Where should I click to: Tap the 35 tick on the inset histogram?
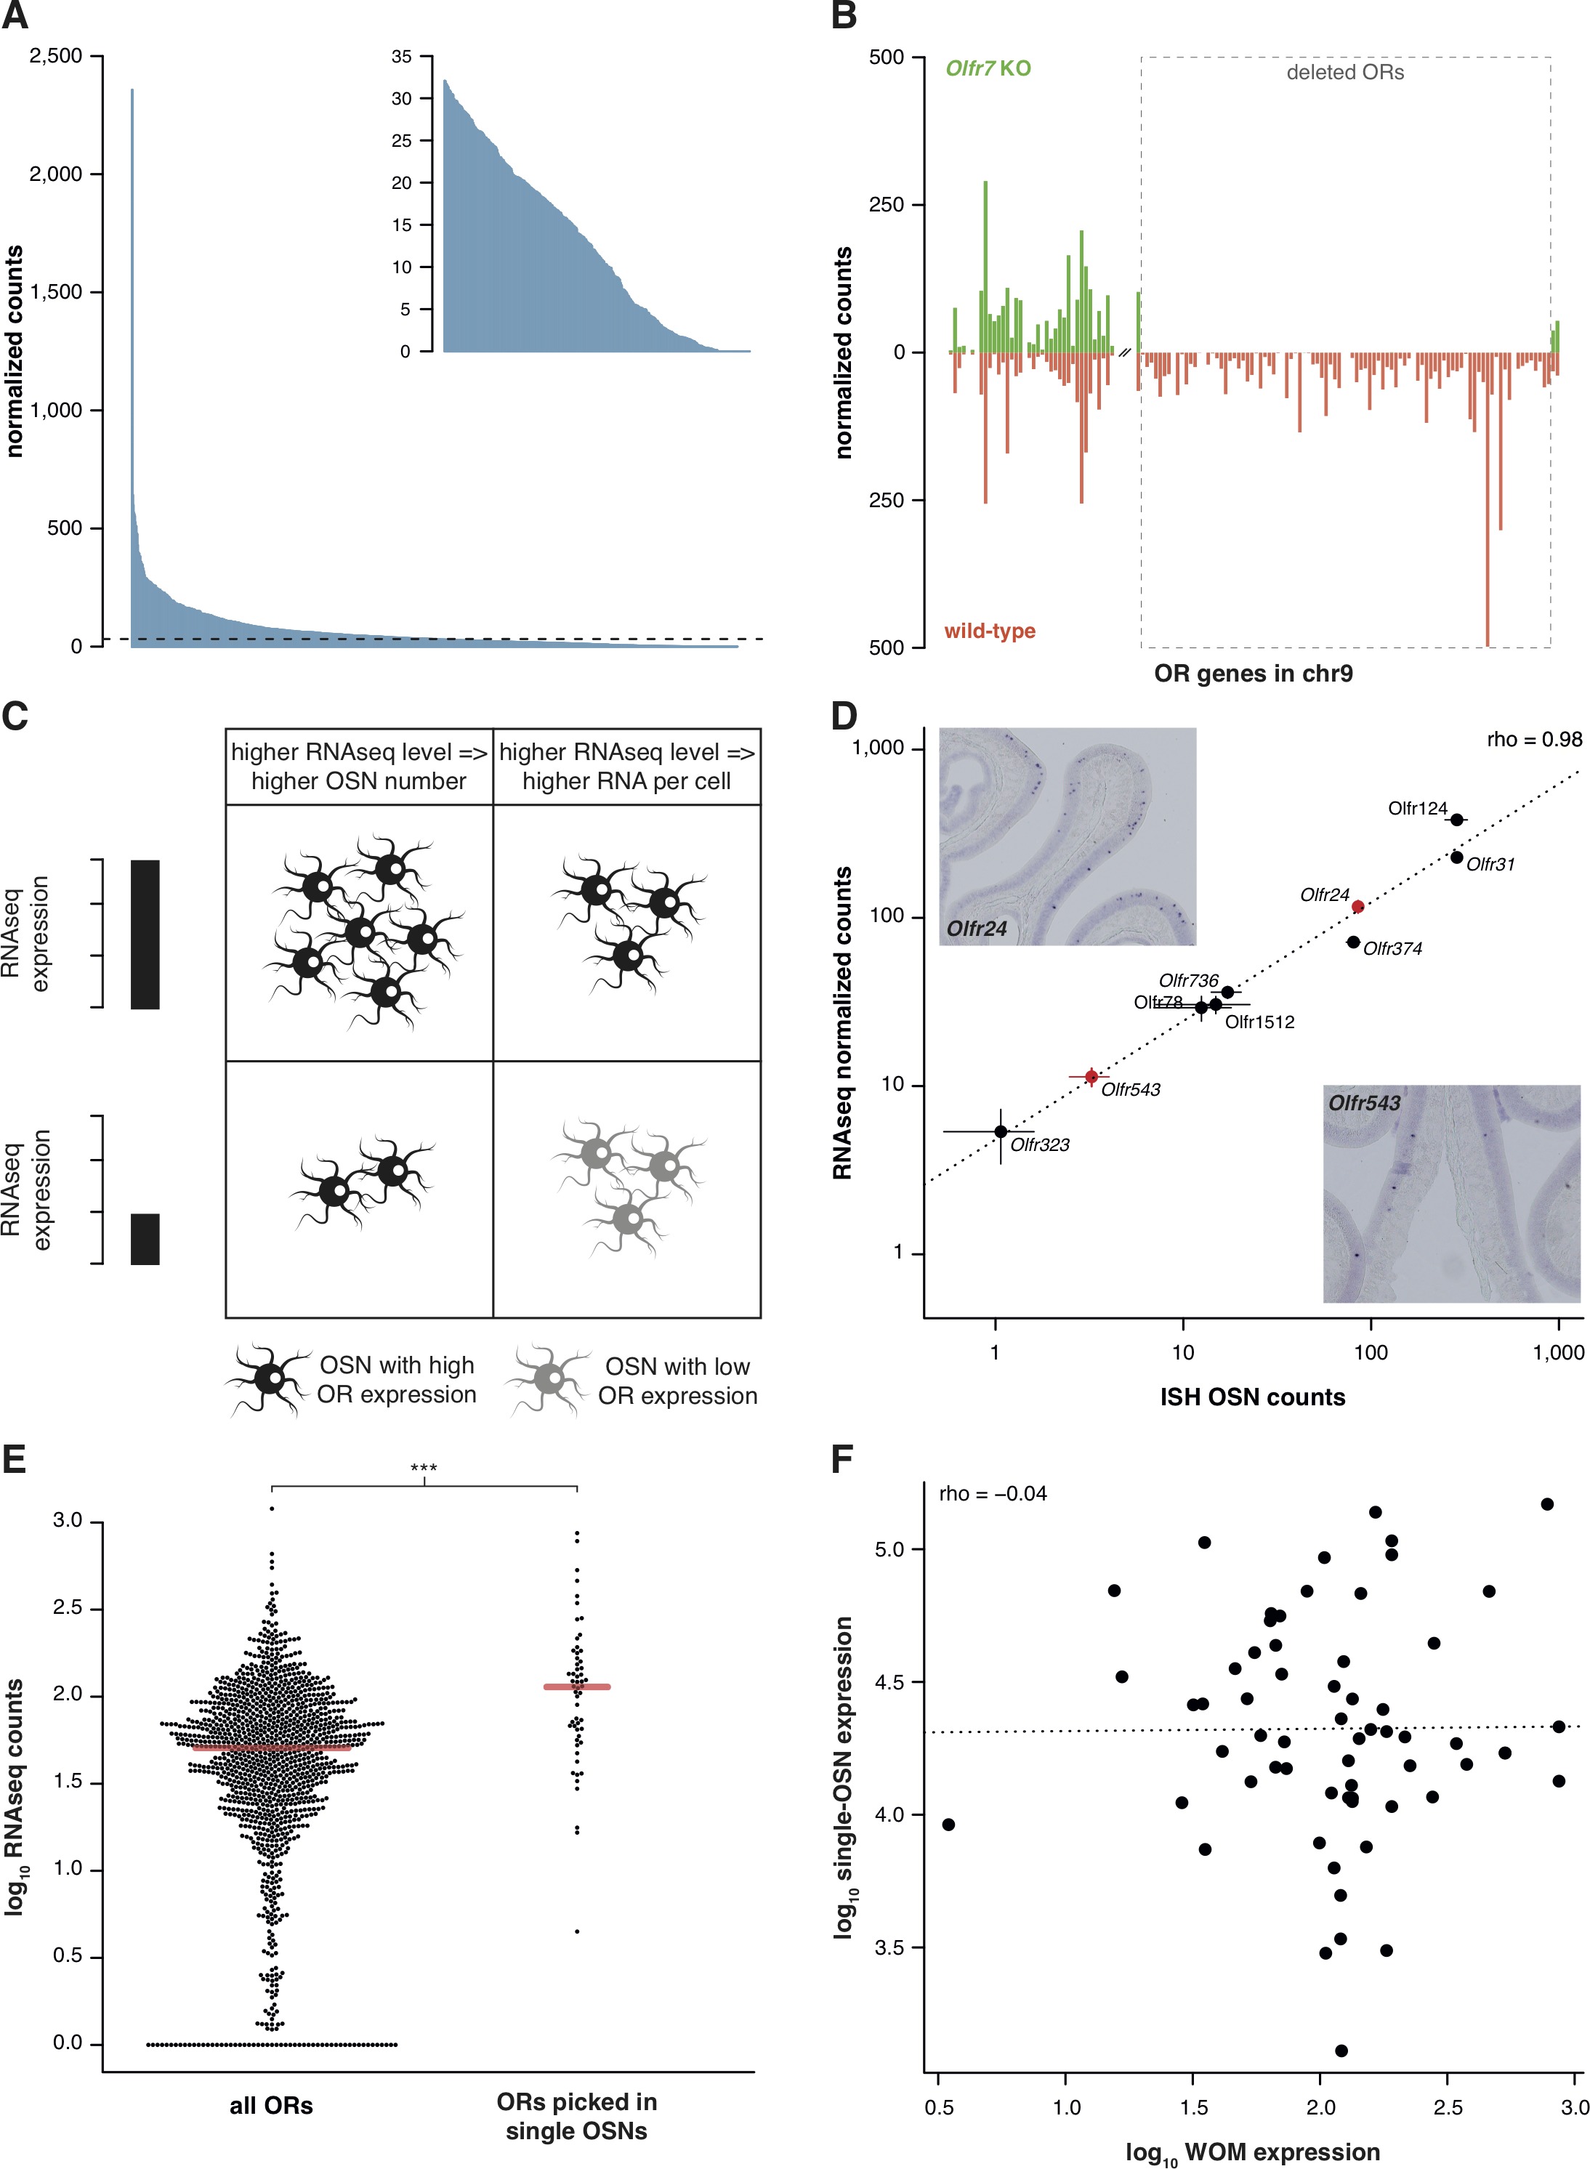401,57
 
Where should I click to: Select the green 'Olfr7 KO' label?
988,68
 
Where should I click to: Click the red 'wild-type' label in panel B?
990,631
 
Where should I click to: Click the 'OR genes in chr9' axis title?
1253,674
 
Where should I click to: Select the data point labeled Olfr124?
1456,820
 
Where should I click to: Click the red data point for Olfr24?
1357,907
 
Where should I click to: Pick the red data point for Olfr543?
1091,1077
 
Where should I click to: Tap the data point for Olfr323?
1001,1131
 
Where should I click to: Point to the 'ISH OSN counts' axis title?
1252,1397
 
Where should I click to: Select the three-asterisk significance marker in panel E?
424,1469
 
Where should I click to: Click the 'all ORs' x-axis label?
271,2106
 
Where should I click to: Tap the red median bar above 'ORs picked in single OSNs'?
576,1687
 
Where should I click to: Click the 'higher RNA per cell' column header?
626,767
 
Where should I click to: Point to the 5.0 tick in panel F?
890,1548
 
